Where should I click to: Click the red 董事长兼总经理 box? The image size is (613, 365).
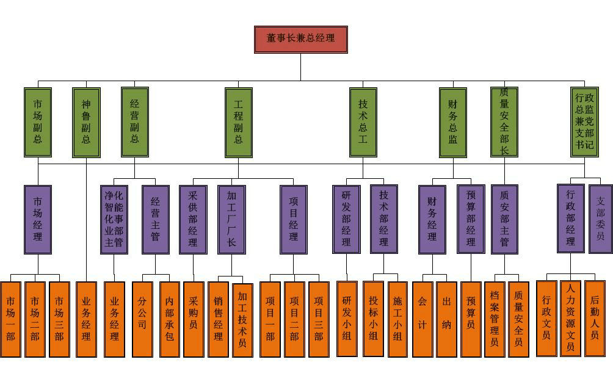tap(300, 39)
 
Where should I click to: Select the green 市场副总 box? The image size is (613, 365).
tap(38, 122)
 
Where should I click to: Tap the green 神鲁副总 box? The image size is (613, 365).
tap(86, 122)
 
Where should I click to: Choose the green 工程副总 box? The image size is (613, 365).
tap(239, 122)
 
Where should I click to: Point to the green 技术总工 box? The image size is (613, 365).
tap(363, 122)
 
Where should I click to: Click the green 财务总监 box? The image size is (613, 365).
tap(453, 122)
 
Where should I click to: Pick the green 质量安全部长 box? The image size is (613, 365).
tap(504, 122)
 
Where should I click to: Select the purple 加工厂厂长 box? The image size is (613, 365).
tap(232, 219)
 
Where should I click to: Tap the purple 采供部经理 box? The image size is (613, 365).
tap(193, 219)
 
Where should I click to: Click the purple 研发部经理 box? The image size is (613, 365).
tap(346, 219)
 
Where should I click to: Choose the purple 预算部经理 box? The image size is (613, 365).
tap(471, 219)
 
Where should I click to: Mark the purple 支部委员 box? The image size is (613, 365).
tap(600, 219)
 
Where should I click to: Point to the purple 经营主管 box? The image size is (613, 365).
tap(156, 219)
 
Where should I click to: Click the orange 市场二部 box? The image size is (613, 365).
tap(35, 319)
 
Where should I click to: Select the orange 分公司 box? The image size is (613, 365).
tap(142, 319)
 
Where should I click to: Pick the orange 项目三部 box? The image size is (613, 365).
tap(318, 319)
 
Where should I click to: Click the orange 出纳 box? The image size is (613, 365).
tap(446, 319)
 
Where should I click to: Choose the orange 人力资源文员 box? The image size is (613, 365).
tap(570, 318)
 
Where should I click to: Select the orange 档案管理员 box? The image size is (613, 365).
tap(495, 319)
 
